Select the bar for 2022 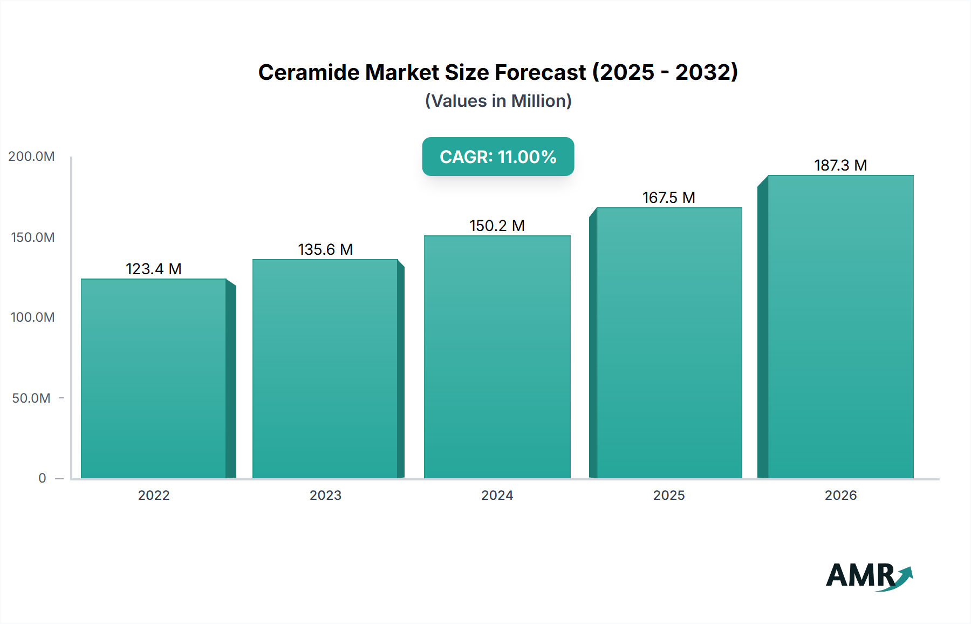click(154, 378)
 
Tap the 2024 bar click(497, 356)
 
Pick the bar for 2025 click(669, 343)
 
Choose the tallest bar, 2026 click(840, 327)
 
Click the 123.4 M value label click(154, 269)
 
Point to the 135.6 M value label click(325, 249)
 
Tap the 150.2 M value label click(497, 226)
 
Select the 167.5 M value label click(669, 198)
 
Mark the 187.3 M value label click(840, 165)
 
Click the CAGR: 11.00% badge click(498, 157)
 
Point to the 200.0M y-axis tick click(31, 157)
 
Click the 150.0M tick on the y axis click(32, 238)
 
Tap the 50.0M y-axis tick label click(31, 398)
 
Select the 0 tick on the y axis click(42, 478)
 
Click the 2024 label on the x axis click(497, 495)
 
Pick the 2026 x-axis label click(840, 495)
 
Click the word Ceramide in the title click(309, 72)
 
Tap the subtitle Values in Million click(498, 101)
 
